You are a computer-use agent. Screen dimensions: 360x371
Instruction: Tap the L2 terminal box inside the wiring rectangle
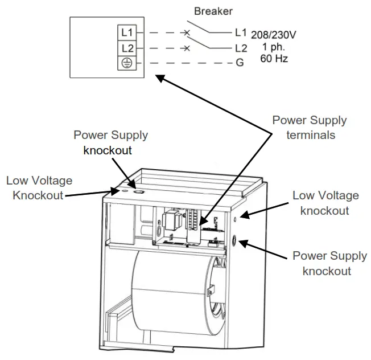pyautogui.click(x=127, y=49)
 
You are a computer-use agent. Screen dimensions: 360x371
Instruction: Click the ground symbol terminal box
pyautogui.click(x=127, y=63)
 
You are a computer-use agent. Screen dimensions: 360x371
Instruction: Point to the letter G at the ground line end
pyautogui.click(x=240, y=63)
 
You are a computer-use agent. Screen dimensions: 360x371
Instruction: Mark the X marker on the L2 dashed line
pyautogui.click(x=186, y=49)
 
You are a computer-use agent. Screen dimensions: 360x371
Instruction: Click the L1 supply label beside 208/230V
pyautogui.click(x=240, y=34)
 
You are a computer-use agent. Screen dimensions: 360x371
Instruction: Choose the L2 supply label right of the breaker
pyautogui.click(x=240, y=49)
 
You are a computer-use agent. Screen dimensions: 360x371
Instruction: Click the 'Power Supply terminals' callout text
pyautogui.click(x=309, y=128)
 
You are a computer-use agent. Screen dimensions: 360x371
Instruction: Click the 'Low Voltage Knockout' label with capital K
pyautogui.click(x=39, y=188)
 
